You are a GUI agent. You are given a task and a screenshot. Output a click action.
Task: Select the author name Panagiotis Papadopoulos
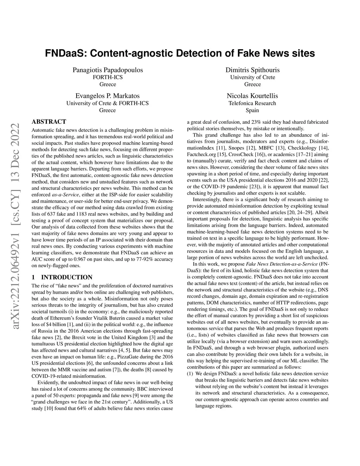click(108, 70)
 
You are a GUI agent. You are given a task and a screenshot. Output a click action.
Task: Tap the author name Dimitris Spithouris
click(252, 70)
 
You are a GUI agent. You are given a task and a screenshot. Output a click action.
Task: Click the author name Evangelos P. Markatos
click(108, 96)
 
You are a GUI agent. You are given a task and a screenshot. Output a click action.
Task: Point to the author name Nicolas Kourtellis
click(252, 96)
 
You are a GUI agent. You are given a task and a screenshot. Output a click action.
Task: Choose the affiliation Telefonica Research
click(252, 103)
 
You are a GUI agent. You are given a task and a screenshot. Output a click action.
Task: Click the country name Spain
click(252, 110)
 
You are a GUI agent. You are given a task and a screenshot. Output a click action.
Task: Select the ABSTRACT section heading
click(49, 122)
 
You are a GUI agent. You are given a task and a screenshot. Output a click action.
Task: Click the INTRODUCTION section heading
click(67, 277)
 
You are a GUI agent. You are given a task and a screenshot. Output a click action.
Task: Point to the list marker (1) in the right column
click(190, 374)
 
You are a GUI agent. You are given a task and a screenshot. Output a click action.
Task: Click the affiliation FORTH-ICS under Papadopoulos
click(108, 77)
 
